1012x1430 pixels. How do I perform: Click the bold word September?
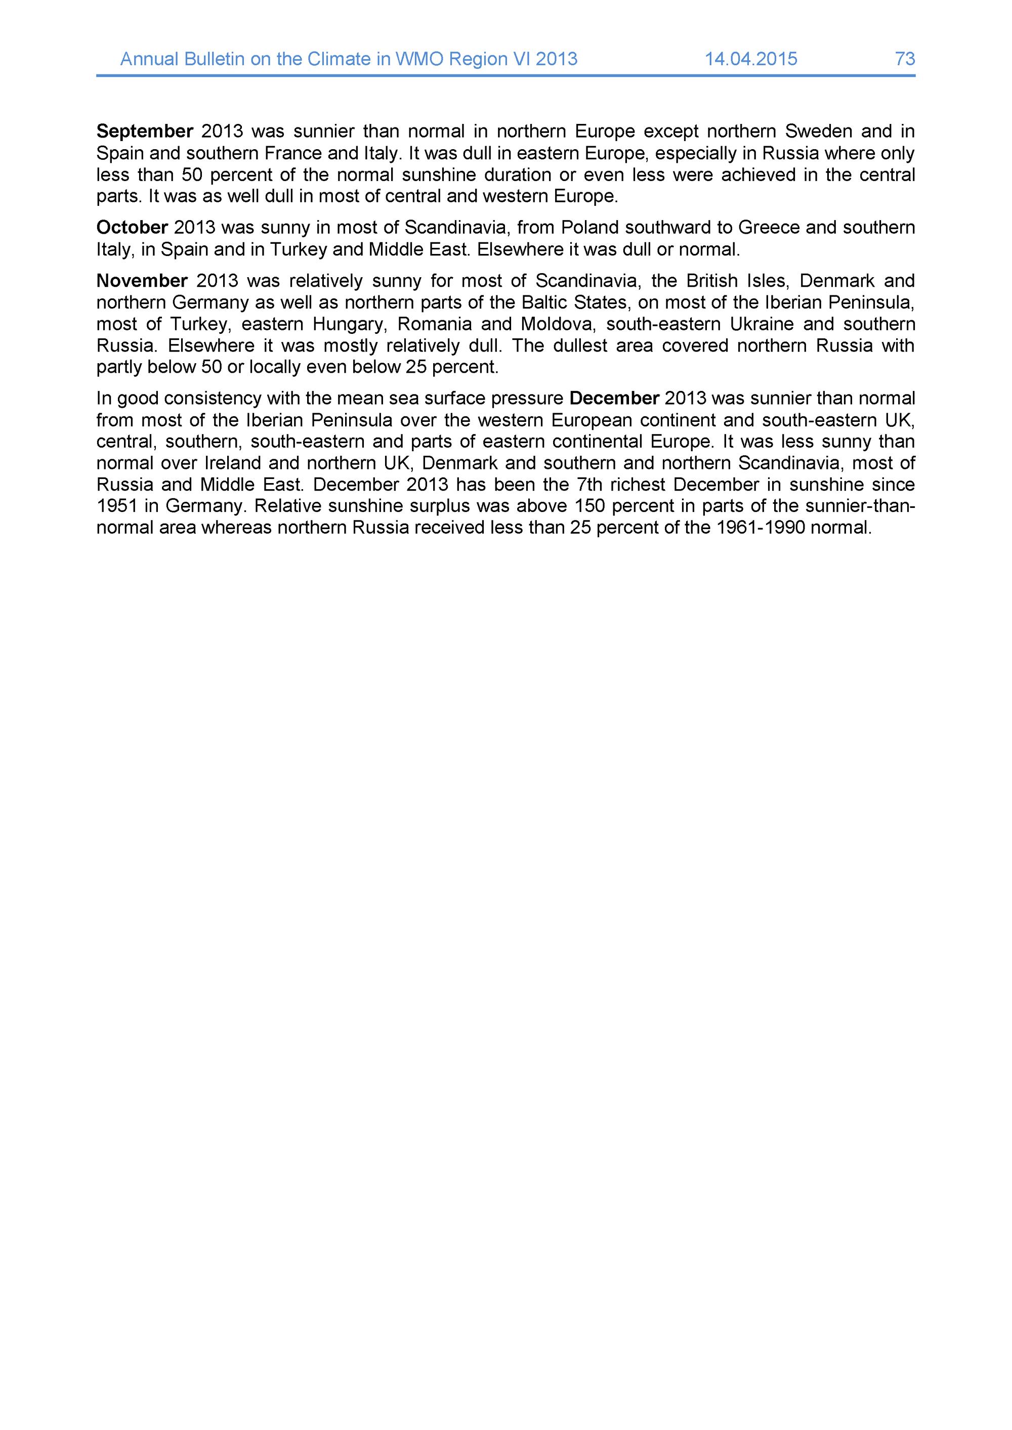[145, 132]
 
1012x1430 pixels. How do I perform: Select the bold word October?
[132, 227]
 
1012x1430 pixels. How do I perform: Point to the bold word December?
[614, 398]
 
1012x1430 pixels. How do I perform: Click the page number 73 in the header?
[905, 59]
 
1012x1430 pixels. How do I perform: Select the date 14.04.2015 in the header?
[751, 59]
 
